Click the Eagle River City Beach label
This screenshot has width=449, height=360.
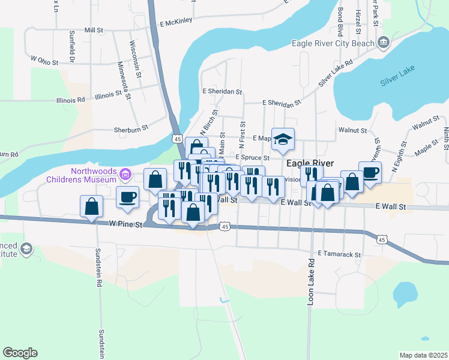point(332,43)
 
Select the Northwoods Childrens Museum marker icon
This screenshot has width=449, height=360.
point(125,175)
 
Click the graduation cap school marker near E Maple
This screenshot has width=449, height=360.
point(283,139)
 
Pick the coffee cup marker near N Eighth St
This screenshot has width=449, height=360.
point(370,172)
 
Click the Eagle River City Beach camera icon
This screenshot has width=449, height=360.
point(383,42)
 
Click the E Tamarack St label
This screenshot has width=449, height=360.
point(339,254)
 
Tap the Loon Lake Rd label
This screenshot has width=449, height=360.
point(311,282)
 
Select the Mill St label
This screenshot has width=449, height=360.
point(94,29)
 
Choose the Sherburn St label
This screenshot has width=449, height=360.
point(131,129)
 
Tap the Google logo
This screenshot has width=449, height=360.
point(20,353)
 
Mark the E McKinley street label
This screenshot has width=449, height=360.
point(176,21)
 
